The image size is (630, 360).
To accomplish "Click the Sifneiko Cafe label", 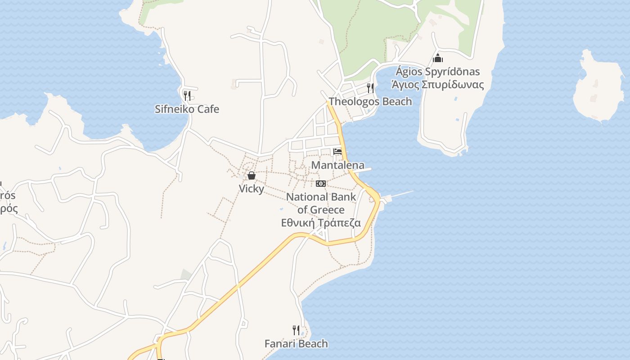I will (x=187, y=109).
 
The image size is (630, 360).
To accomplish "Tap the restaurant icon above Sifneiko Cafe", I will (x=187, y=95).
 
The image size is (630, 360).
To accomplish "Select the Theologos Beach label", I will (x=370, y=102).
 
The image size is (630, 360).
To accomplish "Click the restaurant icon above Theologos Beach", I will (x=370, y=88).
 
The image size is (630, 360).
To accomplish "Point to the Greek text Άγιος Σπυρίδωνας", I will (x=437, y=85).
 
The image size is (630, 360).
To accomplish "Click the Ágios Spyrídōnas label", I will (x=437, y=72).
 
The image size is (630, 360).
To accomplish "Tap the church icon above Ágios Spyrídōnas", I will (x=437, y=58).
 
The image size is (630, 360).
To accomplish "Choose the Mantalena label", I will (x=337, y=165).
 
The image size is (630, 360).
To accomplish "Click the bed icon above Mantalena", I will (x=337, y=151).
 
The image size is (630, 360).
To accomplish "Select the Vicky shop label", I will (x=251, y=189).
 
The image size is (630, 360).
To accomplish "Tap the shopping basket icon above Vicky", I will (x=251, y=175).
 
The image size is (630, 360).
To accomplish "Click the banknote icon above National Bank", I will (x=321, y=184).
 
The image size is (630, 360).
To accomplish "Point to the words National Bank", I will (x=321, y=197).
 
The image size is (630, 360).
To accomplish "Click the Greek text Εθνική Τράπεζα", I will (x=321, y=223).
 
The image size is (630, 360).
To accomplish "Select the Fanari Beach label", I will (x=296, y=344).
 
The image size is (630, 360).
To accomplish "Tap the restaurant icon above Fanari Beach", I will (x=296, y=330).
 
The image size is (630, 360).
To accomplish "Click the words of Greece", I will (x=321, y=210).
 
